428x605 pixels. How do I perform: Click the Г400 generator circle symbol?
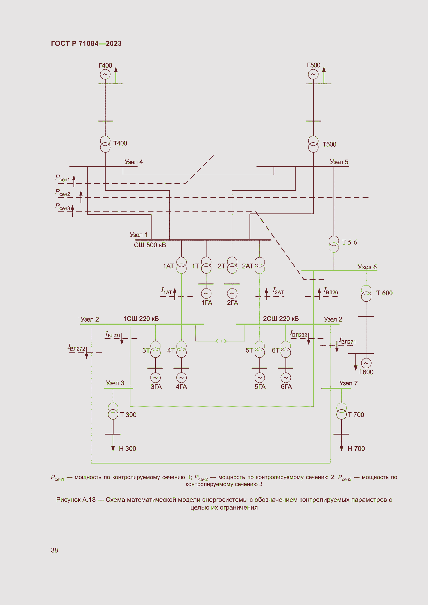pyautogui.click(x=105, y=74)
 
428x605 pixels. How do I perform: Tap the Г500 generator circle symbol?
pyautogui.click(x=313, y=74)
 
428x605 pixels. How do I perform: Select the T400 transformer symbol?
pyautogui.click(x=105, y=144)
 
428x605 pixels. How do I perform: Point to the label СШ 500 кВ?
pyautogui.click(x=150, y=245)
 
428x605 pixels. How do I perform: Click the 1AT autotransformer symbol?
pyautogui.click(x=181, y=265)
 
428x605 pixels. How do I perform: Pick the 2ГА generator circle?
pyautogui.click(x=232, y=293)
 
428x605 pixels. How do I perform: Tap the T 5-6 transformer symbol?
pyautogui.click(x=334, y=244)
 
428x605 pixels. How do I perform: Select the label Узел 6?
pyautogui.click(x=367, y=267)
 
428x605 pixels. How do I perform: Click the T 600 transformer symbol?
pyautogui.click(x=366, y=293)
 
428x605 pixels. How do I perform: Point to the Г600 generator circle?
pyautogui.click(x=366, y=363)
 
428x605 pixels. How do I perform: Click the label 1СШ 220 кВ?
pyautogui.click(x=141, y=319)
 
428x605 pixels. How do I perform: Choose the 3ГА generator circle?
pyautogui.click(x=155, y=378)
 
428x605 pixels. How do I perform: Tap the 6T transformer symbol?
pyautogui.click(x=286, y=349)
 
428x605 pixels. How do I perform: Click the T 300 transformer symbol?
pyautogui.click(x=113, y=411)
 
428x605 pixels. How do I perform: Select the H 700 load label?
pyautogui.click(x=356, y=449)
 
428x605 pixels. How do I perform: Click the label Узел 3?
pyautogui.click(x=115, y=383)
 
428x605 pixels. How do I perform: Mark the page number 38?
pyautogui.click(x=55, y=550)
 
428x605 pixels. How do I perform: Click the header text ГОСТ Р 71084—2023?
pyautogui.click(x=86, y=43)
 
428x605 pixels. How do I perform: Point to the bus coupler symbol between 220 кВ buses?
pyautogui.click(x=221, y=341)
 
